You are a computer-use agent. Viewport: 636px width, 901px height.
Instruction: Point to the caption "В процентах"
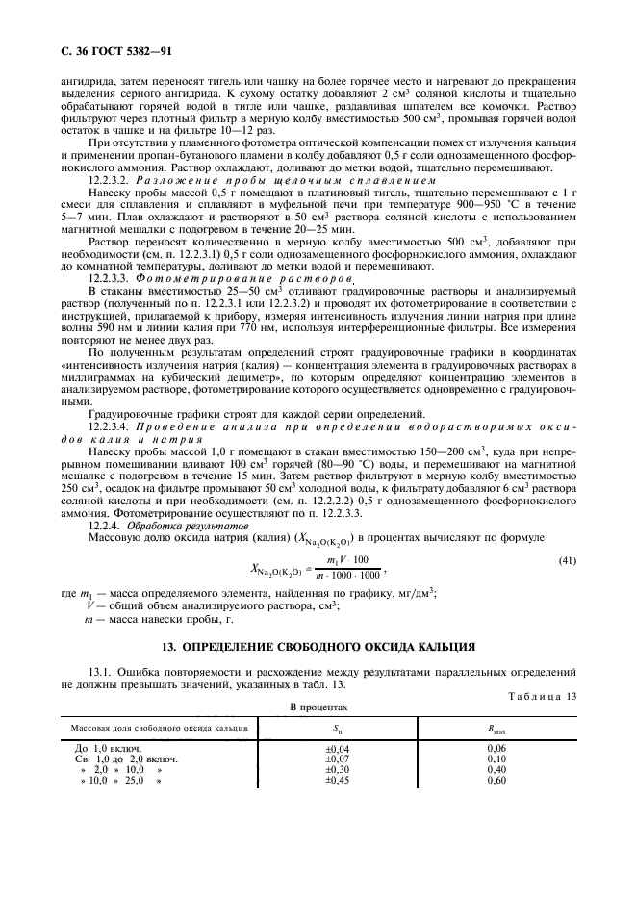pyautogui.click(x=318, y=708)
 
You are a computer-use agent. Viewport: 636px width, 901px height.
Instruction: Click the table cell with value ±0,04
pyautogui.click(x=338, y=747)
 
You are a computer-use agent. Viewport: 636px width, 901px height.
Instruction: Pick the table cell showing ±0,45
pyautogui.click(x=338, y=780)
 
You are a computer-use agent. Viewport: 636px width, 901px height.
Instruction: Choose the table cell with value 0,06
pyautogui.click(x=496, y=747)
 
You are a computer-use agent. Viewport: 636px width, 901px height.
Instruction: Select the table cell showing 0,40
pyautogui.click(x=496, y=769)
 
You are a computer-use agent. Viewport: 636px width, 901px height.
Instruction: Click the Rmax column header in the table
pyautogui.click(x=496, y=728)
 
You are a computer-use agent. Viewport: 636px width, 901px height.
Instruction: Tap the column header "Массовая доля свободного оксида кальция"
pyautogui.click(x=155, y=728)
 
